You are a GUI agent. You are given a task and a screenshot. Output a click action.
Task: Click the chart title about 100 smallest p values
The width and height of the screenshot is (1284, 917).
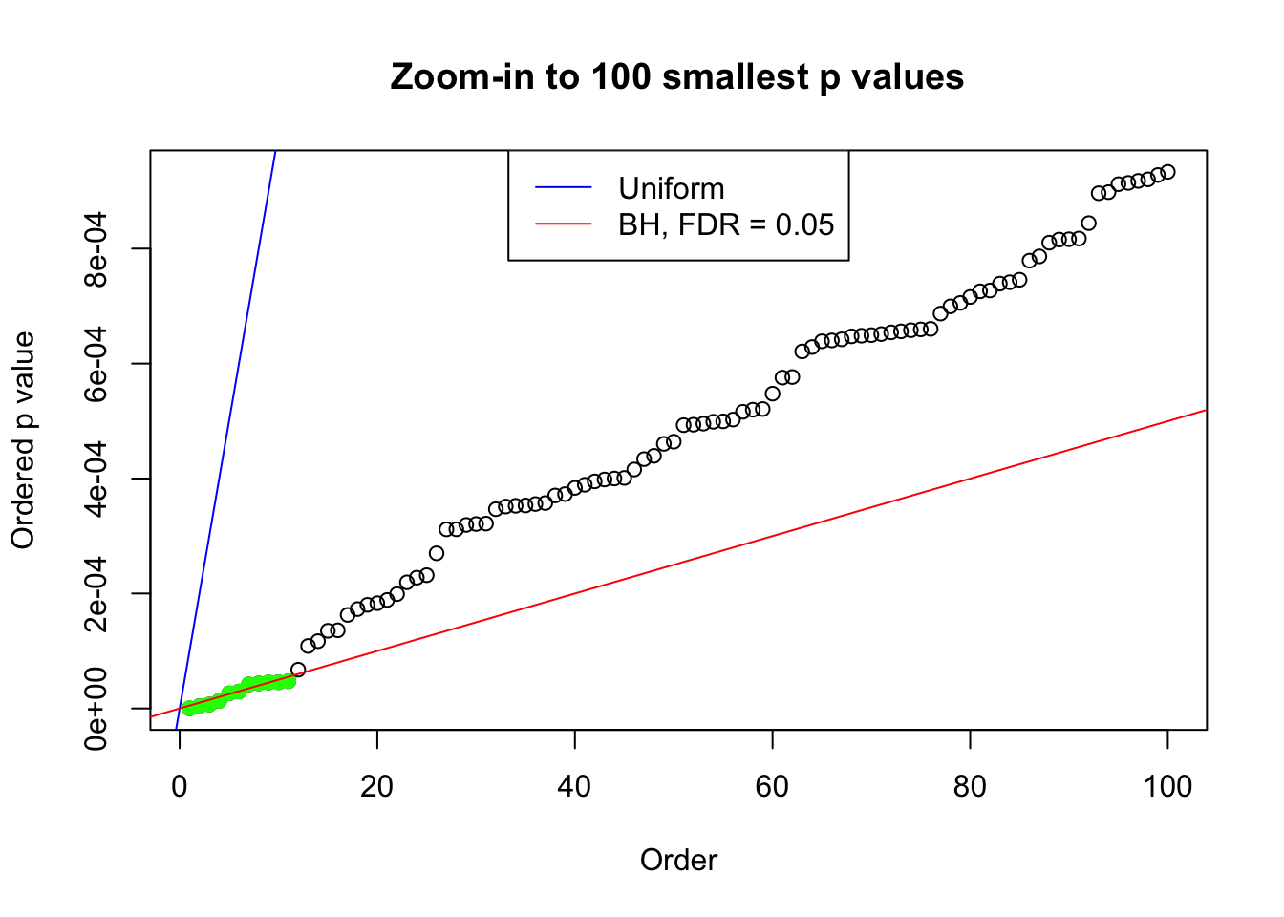pos(676,76)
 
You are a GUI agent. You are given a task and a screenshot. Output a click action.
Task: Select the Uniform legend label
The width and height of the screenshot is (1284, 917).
pos(671,188)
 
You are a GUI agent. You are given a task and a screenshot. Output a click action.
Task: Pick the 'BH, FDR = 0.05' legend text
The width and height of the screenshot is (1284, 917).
pos(726,224)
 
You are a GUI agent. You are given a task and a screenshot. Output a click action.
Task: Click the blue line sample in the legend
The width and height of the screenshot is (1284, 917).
pos(563,188)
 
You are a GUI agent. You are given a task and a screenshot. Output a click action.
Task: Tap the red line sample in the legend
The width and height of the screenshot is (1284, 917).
pos(563,224)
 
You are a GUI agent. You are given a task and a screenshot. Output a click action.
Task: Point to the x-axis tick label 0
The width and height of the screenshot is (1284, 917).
pos(180,786)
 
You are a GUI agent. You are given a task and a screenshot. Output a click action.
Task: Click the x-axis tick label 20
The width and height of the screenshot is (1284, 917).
pos(377,786)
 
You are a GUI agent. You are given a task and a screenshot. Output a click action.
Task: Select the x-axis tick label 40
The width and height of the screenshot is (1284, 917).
pos(575,786)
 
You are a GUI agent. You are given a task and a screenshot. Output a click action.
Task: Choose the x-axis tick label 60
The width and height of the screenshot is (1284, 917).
pos(772,786)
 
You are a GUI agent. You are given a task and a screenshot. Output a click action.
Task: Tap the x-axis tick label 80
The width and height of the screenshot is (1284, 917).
pos(970,786)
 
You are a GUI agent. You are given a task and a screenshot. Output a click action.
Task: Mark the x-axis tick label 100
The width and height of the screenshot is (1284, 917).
pos(1167,786)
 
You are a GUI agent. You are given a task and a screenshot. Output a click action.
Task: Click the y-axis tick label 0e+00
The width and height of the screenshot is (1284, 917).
pos(96,708)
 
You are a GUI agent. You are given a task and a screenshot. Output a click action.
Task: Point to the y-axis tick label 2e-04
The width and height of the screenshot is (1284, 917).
pos(96,593)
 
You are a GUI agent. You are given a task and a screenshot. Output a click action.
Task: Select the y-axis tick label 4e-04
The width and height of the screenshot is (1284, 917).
pos(96,479)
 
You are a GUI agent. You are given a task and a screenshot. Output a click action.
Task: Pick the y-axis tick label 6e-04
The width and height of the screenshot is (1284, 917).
pos(96,364)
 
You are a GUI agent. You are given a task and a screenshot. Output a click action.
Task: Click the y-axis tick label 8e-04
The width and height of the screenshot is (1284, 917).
pos(96,249)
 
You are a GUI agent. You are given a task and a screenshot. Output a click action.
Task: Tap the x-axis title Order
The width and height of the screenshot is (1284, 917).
pos(678,860)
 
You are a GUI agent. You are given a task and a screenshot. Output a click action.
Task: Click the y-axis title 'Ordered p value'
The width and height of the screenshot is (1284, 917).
pos(23,440)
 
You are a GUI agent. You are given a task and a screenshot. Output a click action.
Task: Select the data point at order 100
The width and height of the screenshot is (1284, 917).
pos(1167,172)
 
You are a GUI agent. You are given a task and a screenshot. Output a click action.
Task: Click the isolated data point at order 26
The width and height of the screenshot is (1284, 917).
pos(437,553)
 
